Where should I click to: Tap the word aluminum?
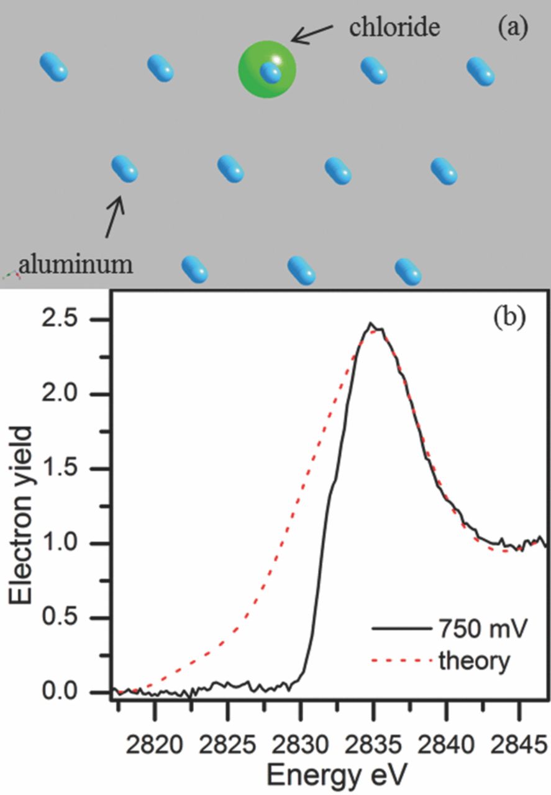(x=76, y=265)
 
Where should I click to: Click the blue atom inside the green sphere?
(x=271, y=73)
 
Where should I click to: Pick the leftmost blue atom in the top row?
(x=53, y=66)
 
